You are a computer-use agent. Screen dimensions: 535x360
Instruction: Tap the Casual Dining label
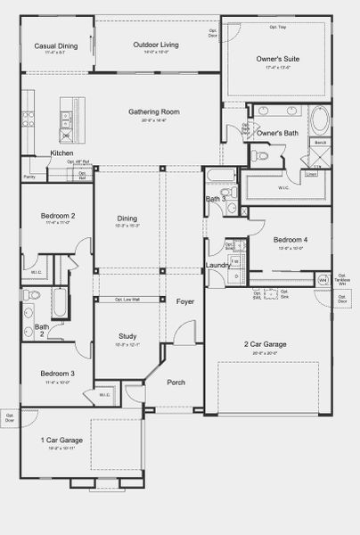pos(55,45)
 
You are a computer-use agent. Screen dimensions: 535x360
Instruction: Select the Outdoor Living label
pos(156,44)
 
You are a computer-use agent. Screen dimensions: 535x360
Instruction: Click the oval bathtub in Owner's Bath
pos(320,119)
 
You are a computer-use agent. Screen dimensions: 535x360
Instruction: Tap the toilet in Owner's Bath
pos(258,155)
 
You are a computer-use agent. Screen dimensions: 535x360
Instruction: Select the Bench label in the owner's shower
pos(320,143)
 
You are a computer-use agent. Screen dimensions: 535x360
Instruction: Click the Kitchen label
pos(62,154)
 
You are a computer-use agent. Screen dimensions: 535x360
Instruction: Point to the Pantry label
pos(29,177)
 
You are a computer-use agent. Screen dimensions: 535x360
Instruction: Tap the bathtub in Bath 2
pos(59,303)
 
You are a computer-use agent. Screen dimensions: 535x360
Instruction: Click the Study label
pos(127,336)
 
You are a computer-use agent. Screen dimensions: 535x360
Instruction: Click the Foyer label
pos(184,302)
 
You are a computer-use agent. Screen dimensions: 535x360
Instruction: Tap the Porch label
pos(176,383)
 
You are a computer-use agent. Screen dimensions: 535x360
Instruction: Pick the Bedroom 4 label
pos(290,241)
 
